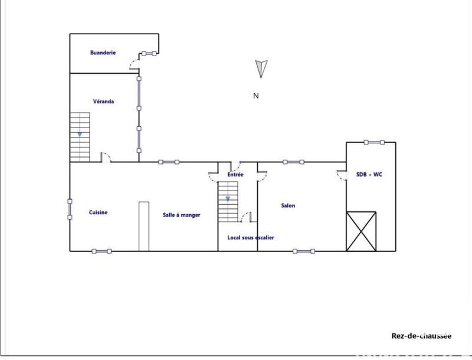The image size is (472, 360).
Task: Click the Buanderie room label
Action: (103, 53)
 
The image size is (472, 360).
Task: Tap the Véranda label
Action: (103, 102)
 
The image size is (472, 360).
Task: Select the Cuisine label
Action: (98, 212)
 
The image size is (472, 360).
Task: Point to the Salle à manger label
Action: (182, 215)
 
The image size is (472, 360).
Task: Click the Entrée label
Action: (235, 175)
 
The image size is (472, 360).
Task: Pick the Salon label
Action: (288, 206)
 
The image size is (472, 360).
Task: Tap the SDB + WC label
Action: (369, 175)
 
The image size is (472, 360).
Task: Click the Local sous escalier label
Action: (251, 238)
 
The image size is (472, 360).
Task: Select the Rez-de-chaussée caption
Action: (421, 336)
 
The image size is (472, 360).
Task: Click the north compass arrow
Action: (261, 68)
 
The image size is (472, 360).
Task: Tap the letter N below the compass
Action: (256, 96)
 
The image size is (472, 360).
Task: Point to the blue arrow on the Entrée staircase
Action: (227, 199)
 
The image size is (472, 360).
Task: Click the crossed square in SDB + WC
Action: (362, 230)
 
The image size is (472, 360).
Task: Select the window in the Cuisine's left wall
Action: (70, 208)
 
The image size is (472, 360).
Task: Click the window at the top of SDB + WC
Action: (374, 142)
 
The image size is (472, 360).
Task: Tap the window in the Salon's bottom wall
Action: (304, 251)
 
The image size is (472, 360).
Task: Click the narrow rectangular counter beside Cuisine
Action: (143, 226)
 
